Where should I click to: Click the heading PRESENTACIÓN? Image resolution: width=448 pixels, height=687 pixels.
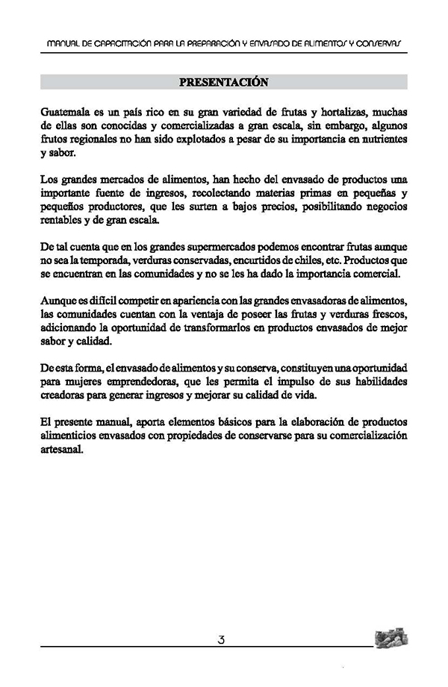(x=224, y=81)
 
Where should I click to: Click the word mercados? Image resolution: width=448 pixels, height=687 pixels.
(x=123, y=180)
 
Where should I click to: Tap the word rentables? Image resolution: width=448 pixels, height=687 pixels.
(x=63, y=220)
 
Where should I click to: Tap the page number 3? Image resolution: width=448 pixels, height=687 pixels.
(x=222, y=639)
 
